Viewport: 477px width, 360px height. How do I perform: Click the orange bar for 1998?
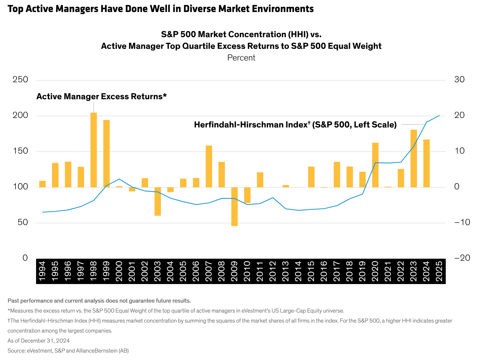coord(94,150)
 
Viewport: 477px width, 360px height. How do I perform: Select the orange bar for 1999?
coord(106,153)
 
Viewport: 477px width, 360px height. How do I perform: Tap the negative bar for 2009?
coord(234,207)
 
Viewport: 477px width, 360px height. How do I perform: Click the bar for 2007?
coord(209,166)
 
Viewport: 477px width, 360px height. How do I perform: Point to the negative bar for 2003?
coord(158,201)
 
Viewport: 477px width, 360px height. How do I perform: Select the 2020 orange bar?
coord(375,165)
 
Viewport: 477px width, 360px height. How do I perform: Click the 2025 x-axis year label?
coord(439,271)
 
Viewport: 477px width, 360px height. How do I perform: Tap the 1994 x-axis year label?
coord(42,271)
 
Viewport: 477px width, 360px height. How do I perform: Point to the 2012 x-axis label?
coord(273,271)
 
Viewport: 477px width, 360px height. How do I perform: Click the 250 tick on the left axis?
coord(20,80)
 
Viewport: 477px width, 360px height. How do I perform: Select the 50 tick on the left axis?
coord(23,223)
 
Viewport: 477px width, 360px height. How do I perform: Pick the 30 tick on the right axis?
coord(459,80)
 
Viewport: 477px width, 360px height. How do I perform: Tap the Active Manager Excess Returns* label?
coord(101,97)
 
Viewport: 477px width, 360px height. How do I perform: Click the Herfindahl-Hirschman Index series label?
coord(295,125)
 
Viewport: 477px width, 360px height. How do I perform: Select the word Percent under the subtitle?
coord(241,58)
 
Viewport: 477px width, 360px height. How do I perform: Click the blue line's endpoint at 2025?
coord(439,115)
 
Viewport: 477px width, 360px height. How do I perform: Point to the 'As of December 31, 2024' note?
coord(39,341)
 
